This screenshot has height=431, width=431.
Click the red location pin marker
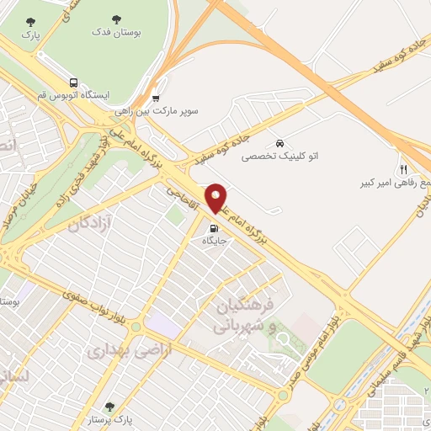click(216, 198)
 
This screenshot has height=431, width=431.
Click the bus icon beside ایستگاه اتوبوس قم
click(74, 83)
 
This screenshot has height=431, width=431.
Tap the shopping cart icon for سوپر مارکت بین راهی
click(155, 98)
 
